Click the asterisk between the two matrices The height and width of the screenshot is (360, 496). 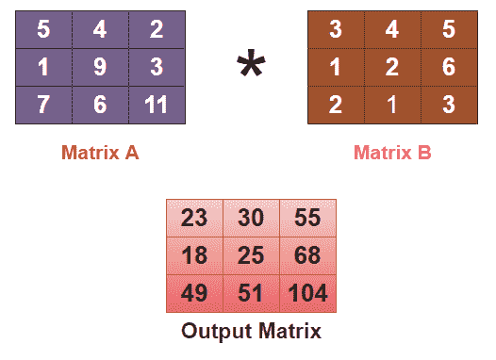click(251, 67)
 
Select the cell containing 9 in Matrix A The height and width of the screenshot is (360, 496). click(100, 67)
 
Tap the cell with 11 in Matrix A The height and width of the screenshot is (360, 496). click(156, 103)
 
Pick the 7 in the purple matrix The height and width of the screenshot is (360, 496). click(43, 103)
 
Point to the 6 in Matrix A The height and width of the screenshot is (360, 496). click(100, 103)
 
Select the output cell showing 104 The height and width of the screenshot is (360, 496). click(307, 292)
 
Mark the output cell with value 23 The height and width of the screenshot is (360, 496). click(194, 218)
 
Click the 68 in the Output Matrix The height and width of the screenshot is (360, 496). click(307, 255)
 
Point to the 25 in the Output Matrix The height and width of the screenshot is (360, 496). click(251, 255)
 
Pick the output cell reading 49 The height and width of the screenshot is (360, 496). click(194, 292)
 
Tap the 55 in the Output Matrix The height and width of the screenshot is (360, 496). click(307, 218)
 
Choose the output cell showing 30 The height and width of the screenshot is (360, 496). click(251, 218)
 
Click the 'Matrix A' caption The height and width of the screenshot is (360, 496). click(100, 152)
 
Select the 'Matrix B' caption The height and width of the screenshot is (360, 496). click(391, 152)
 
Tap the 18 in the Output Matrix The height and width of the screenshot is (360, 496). click(194, 255)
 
